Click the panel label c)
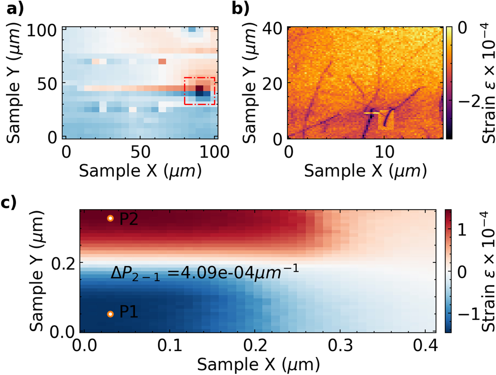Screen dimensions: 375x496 click(8, 202)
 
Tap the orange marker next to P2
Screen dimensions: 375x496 click(110, 218)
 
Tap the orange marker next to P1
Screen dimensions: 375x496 click(110, 314)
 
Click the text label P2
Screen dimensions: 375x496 click(129, 219)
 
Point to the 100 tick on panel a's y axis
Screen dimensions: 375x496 click(41, 31)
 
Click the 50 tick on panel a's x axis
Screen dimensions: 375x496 click(140, 152)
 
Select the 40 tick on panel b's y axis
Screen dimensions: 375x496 click(272, 29)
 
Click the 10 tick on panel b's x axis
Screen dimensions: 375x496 click(384, 152)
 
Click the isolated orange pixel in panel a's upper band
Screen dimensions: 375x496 click(162, 61)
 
